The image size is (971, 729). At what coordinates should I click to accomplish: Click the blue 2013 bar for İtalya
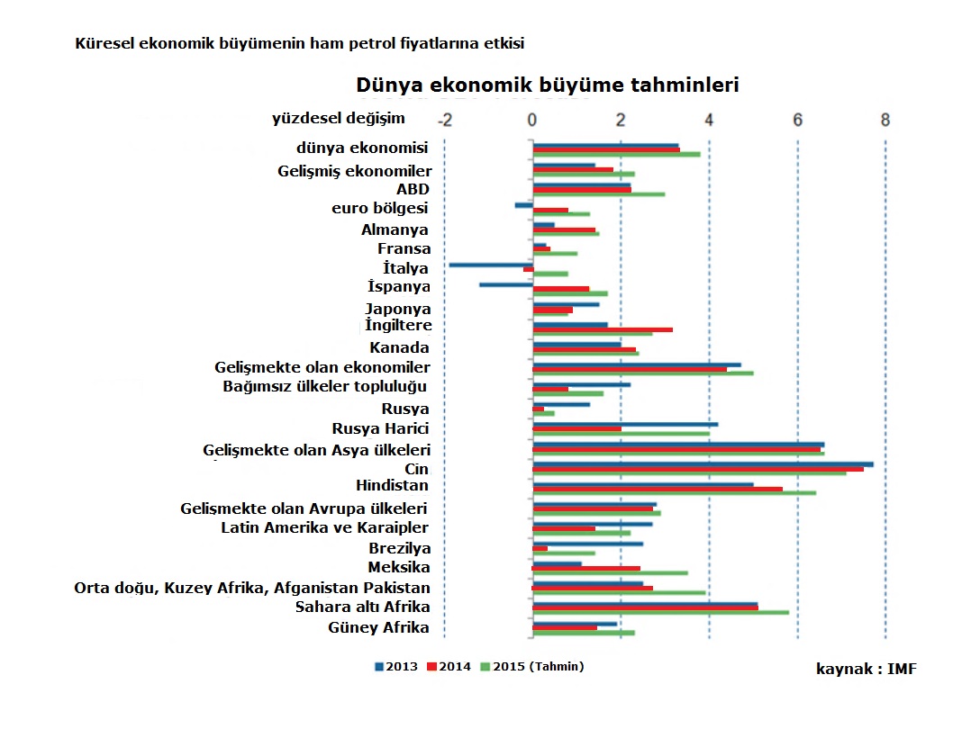point(491,265)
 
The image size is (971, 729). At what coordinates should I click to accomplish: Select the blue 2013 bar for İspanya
point(506,284)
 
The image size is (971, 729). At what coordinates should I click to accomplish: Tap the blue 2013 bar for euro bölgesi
point(524,205)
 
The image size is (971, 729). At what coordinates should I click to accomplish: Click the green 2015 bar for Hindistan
point(675,493)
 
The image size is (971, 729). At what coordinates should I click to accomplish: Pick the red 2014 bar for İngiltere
point(603,329)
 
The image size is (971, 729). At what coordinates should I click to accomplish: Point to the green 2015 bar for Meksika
point(610,573)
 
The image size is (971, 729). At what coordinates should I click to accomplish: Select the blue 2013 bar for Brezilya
point(587,544)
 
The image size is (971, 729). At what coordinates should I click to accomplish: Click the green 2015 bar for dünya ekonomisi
point(617,155)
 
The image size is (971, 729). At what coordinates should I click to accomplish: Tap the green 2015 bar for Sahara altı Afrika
point(661,613)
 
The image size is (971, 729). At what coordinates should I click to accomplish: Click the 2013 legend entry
point(396,667)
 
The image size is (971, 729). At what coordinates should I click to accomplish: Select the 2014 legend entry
point(449,667)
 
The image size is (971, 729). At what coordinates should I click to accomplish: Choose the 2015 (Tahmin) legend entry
point(532,667)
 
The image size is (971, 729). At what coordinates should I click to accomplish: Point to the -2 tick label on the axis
point(445,120)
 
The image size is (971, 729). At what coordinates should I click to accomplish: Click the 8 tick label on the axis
point(885,120)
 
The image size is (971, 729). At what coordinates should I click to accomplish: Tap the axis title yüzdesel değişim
point(338,118)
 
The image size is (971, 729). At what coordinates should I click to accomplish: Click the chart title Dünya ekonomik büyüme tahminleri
point(548,85)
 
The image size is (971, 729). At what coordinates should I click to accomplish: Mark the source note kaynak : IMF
point(867,669)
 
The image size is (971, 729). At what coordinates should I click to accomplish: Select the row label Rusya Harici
point(380,428)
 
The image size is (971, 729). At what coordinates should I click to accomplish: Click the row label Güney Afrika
point(378,627)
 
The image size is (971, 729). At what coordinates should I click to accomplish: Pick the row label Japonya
point(397,309)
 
